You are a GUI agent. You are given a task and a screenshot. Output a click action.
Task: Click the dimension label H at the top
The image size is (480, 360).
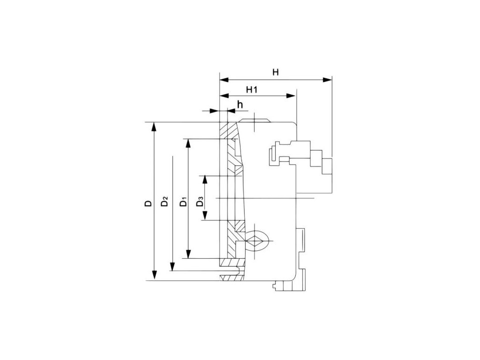(x=276, y=72)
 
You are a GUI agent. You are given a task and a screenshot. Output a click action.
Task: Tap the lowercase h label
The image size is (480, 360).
(x=240, y=105)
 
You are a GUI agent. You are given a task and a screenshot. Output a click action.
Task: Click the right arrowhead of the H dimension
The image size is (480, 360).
(x=328, y=80)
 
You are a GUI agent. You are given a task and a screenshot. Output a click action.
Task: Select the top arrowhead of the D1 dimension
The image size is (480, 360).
(x=188, y=142)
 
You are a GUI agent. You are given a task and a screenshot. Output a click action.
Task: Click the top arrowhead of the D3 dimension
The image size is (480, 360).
(x=204, y=180)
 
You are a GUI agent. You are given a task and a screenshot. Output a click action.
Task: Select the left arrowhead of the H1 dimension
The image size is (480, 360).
(x=224, y=96)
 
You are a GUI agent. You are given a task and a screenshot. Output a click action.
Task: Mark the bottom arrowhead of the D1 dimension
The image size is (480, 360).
(x=188, y=254)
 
